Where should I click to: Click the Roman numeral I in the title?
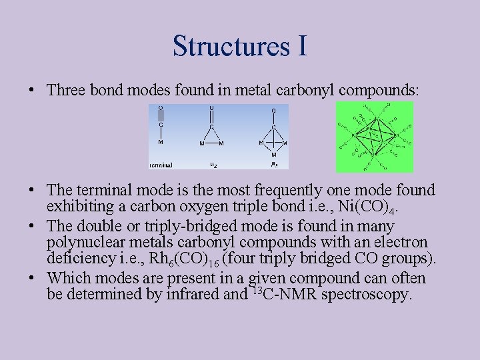click(301, 45)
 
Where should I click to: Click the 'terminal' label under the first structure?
click(161, 164)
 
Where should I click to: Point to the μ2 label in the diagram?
click(212, 163)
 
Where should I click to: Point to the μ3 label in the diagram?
click(274, 163)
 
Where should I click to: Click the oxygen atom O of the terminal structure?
click(161, 108)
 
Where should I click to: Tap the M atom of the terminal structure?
click(161, 142)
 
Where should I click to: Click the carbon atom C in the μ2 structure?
click(212, 126)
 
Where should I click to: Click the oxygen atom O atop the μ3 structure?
click(274, 110)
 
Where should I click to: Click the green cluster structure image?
click(375, 137)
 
